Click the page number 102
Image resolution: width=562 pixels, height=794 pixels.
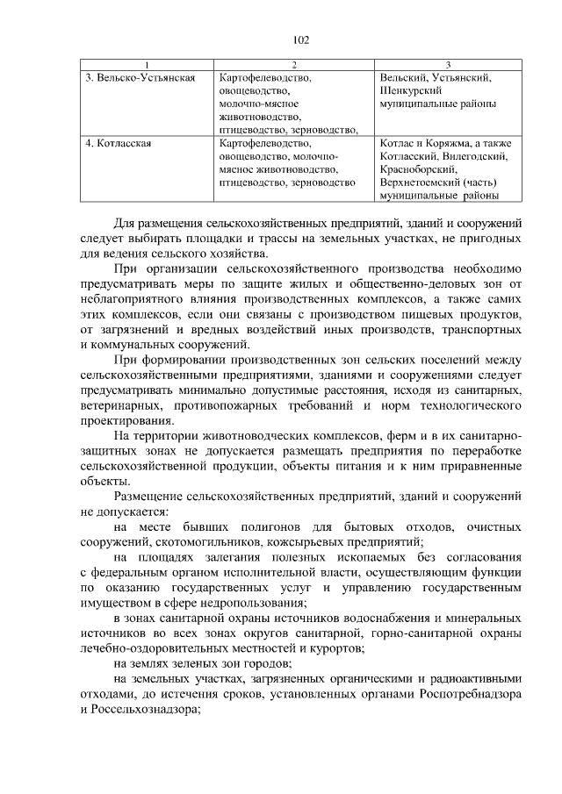pyautogui.click(x=301, y=39)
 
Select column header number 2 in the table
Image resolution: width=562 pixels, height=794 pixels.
pyautogui.click(x=294, y=65)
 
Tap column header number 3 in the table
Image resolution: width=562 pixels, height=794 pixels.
pyautogui.click(x=448, y=65)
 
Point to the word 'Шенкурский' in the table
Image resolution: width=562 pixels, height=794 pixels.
pyautogui.click(x=406, y=90)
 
